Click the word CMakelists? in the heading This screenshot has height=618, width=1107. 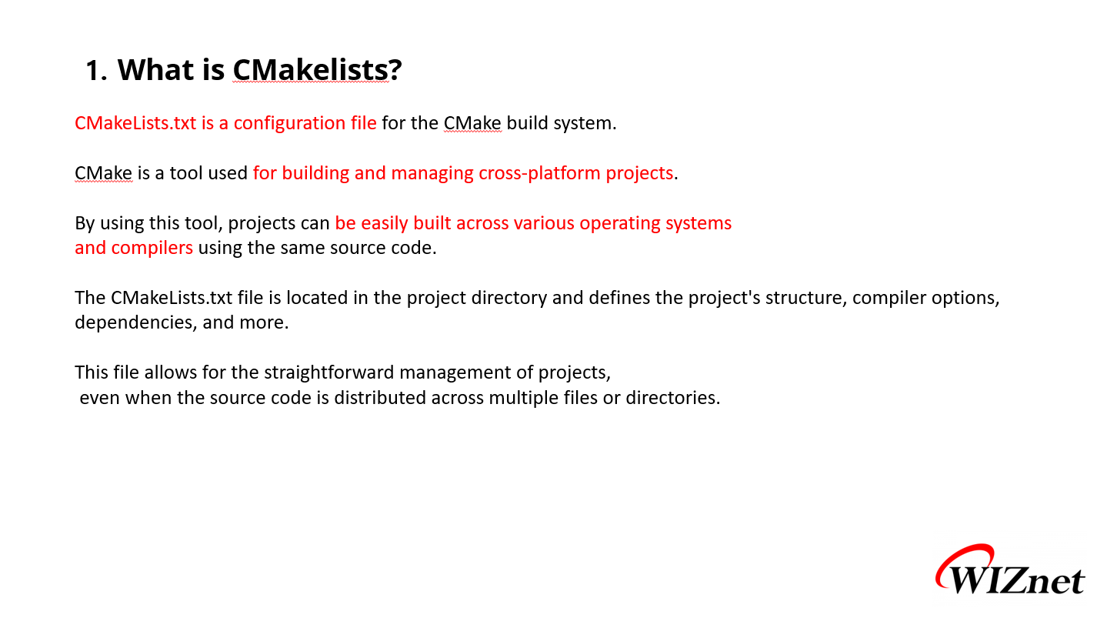[317, 70]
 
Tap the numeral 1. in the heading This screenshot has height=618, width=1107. [96, 70]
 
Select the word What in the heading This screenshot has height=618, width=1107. [156, 70]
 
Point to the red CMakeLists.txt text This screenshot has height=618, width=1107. [135, 123]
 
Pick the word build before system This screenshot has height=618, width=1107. [527, 122]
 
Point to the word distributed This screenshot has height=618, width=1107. [379, 398]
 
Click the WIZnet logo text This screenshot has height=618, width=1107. [1016, 580]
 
